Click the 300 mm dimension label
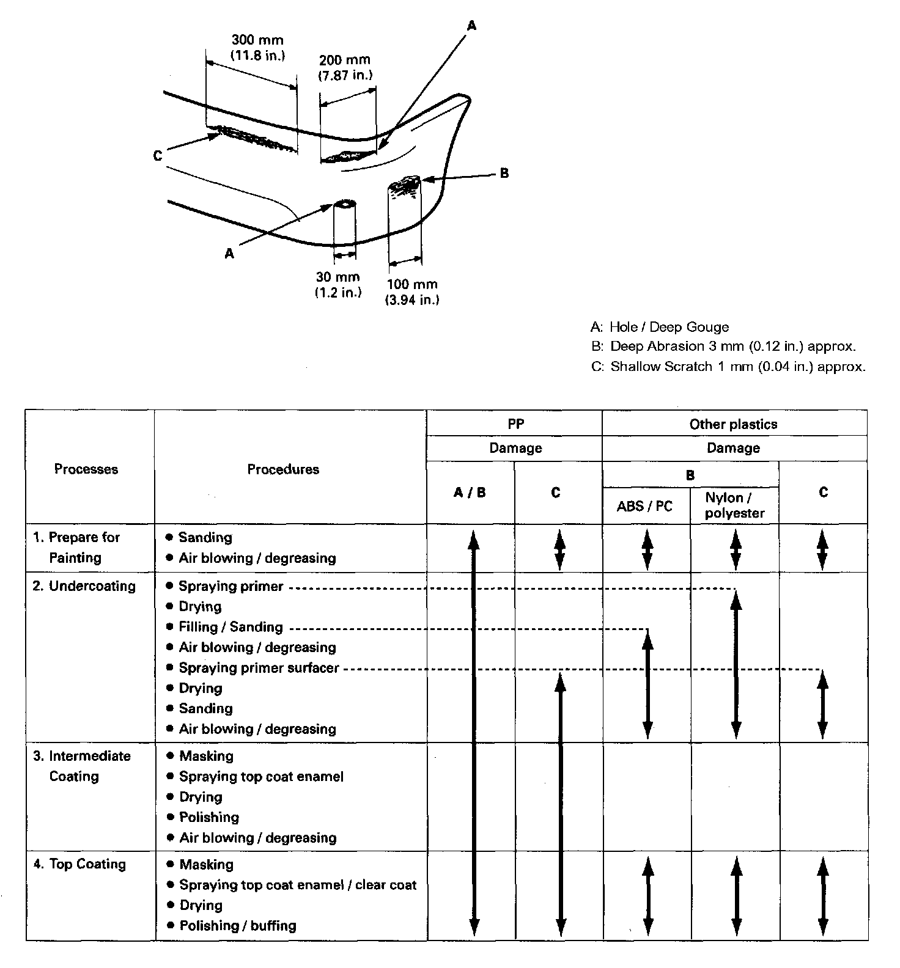coord(257,40)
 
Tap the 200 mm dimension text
coord(345,61)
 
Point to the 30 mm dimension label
coord(337,277)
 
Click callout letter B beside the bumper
coord(504,173)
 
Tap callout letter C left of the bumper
coord(158,156)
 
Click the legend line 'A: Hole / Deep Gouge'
coord(660,327)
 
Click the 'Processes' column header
coord(86,469)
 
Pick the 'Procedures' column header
coord(283,469)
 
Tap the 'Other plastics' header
coord(733,424)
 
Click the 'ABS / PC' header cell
coord(644,506)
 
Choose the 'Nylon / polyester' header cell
coord(734,505)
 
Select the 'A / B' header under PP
coord(470,493)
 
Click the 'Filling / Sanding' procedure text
coord(231,627)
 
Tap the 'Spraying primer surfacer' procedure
coord(259,668)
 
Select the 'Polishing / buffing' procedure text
coord(238,926)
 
